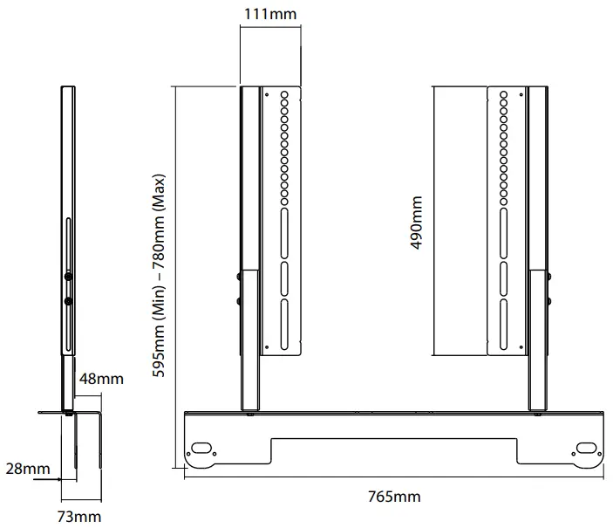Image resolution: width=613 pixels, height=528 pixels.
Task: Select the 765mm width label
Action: pyautogui.click(x=393, y=497)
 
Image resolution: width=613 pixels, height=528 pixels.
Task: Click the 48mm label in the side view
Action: pyautogui.click(x=101, y=379)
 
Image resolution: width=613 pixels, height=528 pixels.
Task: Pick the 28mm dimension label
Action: pyautogui.click(x=27, y=470)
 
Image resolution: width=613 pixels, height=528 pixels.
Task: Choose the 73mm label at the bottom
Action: pyautogui.click(x=79, y=517)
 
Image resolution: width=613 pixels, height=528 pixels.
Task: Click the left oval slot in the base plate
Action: pyautogui.click(x=202, y=448)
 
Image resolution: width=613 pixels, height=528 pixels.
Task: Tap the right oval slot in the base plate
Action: pyautogui.click(x=582, y=449)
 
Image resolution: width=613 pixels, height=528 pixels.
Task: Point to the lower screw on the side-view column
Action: pyautogui.click(x=66, y=302)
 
